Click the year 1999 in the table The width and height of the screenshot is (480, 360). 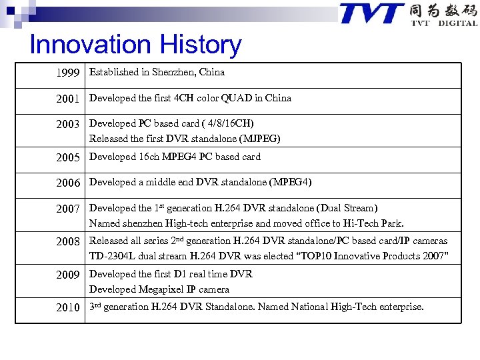(68, 73)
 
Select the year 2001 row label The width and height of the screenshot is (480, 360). (68, 99)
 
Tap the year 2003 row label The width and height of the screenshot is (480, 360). (68, 124)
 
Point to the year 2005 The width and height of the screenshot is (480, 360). (68, 157)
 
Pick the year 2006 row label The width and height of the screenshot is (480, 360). (68, 183)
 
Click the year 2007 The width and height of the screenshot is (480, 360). (68, 209)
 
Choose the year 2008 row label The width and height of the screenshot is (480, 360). (68, 241)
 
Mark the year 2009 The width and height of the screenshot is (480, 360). (68, 275)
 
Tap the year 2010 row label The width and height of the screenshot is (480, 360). (68, 307)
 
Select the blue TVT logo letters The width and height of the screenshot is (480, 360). (371, 14)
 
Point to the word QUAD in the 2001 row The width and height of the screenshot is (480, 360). (237, 98)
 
